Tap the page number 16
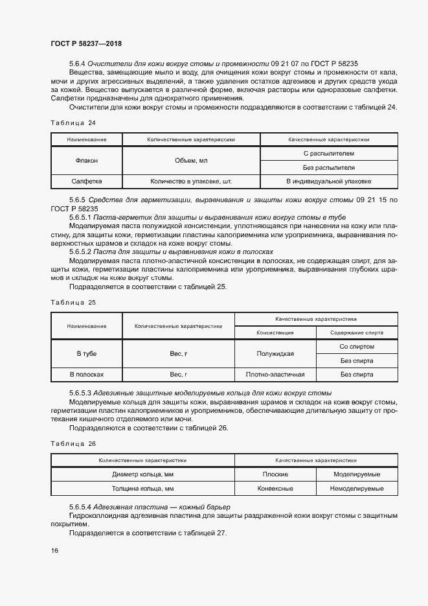[x=54, y=551]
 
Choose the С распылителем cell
[x=328, y=154]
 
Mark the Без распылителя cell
[x=328, y=168]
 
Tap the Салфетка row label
[x=87, y=182]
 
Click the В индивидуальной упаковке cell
[x=328, y=182]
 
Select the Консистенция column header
[x=275, y=332]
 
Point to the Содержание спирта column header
[x=357, y=332]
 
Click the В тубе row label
[x=87, y=354]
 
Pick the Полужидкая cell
[x=275, y=354]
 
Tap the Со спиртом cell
[x=357, y=347]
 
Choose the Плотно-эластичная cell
[x=275, y=375]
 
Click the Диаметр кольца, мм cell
[x=142, y=474]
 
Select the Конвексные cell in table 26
[x=275, y=489]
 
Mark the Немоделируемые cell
[x=357, y=489]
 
